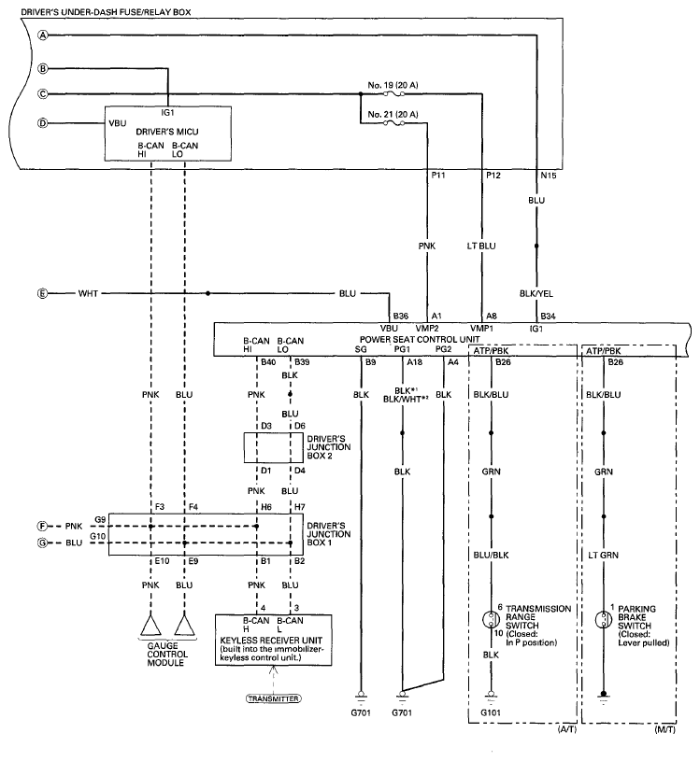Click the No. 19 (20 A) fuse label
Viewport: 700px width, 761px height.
(x=393, y=85)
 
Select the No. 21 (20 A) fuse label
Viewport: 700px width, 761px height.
(x=393, y=115)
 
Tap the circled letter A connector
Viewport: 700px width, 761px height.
(x=44, y=35)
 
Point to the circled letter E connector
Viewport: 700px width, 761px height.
(x=43, y=293)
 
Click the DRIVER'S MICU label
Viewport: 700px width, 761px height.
(x=167, y=132)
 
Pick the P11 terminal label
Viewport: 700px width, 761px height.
(x=438, y=176)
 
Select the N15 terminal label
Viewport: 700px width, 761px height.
(x=549, y=176)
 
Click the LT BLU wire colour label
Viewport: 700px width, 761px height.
(x=481, y=247)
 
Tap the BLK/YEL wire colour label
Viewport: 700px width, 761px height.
(x=536, y=293)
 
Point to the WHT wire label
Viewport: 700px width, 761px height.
(x=88, y=293)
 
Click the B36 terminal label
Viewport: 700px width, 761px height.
(x=401, y=316)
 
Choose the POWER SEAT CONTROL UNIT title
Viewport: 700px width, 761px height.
(x=420, y=339)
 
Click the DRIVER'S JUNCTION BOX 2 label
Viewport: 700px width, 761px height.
(x=328, y=447)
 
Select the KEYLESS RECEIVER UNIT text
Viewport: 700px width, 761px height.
(x=271, y=641)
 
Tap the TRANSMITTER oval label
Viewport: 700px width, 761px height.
(x=273, y=698)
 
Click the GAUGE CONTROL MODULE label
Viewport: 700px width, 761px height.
(x=165, y=655)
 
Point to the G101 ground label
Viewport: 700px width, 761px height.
(x=491, y=712)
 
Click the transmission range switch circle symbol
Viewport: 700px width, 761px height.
(x=491, y=620)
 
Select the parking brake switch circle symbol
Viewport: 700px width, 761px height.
(x=604, y=620)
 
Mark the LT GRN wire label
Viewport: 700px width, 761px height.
(x=604, y=555)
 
